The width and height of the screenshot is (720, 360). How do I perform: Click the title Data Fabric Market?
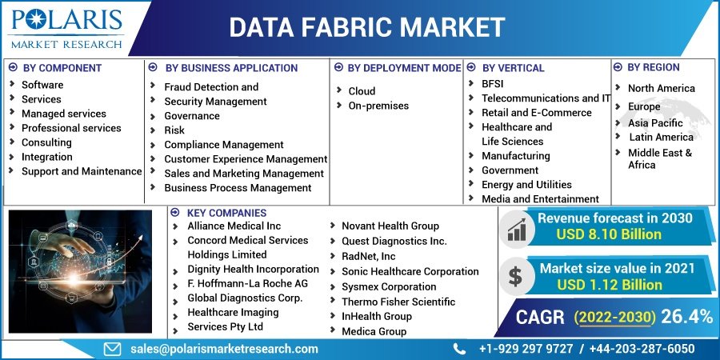click(367, 27)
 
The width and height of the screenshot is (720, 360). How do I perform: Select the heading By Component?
click(62, 68)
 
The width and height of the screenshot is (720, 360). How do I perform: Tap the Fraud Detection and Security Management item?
click(215, 94)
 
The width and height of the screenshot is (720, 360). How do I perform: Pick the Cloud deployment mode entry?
click(362, 91)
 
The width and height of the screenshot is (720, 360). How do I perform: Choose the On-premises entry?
click(378, 106)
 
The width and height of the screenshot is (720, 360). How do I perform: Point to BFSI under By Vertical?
click(492, 83)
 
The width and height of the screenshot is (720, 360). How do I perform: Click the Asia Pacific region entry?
click(655, 123)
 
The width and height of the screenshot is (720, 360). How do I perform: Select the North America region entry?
click(661, 88)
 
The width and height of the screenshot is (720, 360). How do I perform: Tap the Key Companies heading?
click(226, 213)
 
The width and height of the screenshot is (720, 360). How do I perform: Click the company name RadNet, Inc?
click(368, 256)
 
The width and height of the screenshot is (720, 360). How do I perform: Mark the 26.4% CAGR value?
click(686, 317)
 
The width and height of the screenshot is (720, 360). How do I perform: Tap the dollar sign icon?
click(515, 276)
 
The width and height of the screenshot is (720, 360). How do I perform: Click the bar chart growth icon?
click(515, 230)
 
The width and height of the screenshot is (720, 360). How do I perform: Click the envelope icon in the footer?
click(113, 349)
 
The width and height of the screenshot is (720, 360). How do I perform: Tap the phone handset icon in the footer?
click(459, 349)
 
